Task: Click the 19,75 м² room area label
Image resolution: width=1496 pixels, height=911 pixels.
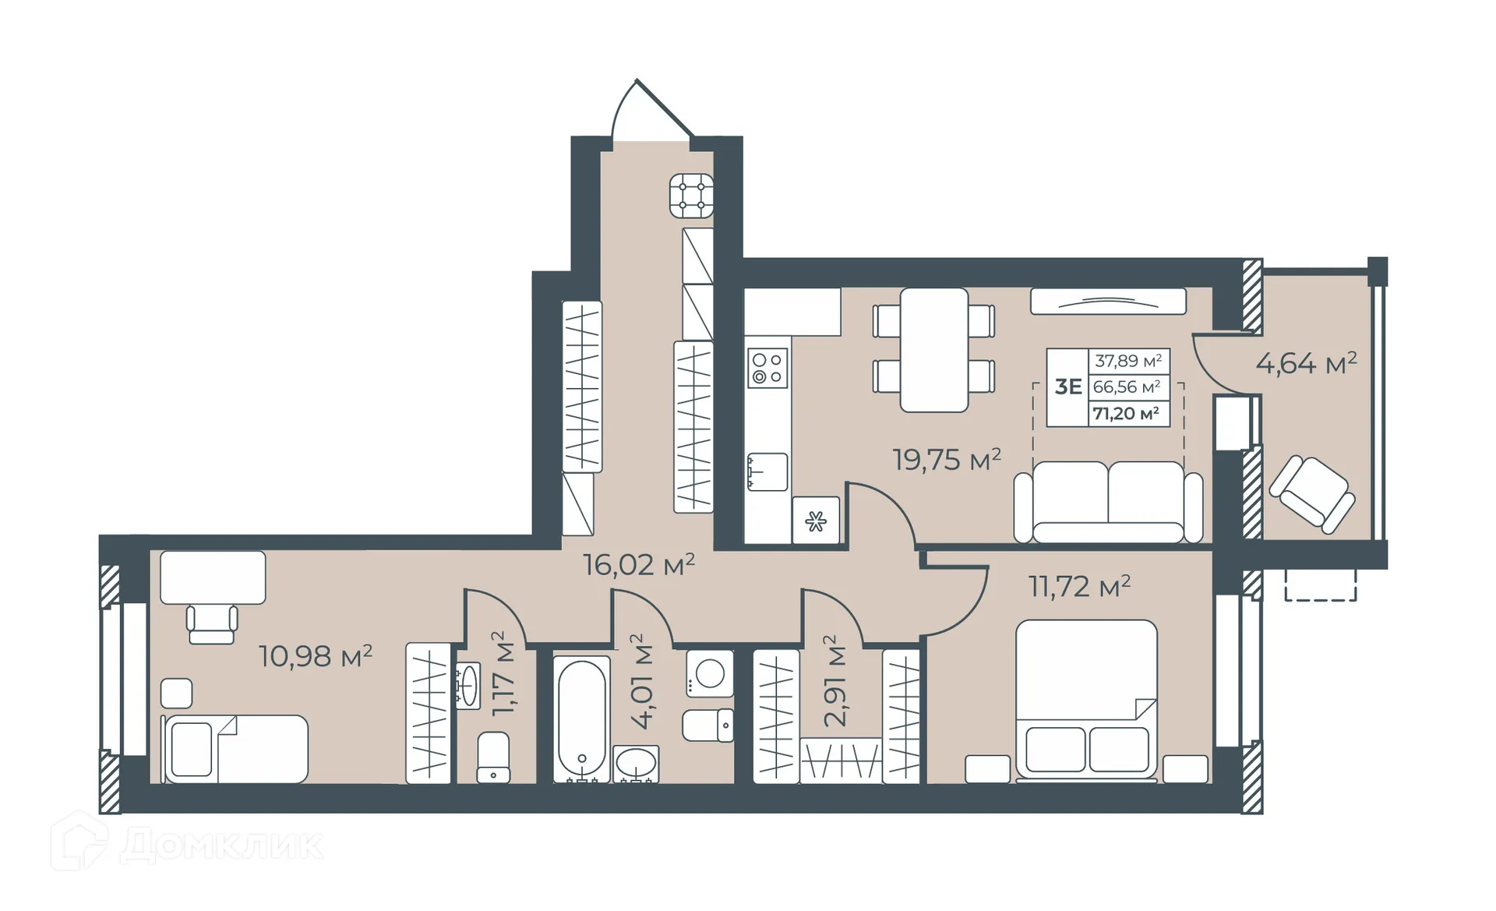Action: [946, 460]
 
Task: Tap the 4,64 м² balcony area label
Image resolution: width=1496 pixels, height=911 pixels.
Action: [1306, 363]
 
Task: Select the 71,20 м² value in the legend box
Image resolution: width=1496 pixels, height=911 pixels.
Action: [1126, 414]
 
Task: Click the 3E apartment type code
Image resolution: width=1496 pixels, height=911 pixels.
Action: [1067, 387]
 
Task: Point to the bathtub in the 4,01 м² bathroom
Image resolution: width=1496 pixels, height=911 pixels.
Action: [581, 718]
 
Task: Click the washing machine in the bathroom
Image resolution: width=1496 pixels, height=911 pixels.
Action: [709, 674]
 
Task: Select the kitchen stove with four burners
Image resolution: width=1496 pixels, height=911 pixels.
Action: [767, 368]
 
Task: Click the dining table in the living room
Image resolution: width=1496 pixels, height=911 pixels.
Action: [933, 350]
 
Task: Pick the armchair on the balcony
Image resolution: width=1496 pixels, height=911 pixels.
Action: [1312, 493]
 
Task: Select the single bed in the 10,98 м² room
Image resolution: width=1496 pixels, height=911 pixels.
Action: [235, 748]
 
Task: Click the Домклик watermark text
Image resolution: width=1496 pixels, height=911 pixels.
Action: [222, 845]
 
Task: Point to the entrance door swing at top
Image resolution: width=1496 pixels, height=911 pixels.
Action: [647, 113]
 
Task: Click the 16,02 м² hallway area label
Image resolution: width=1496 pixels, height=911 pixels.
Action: [639, 564]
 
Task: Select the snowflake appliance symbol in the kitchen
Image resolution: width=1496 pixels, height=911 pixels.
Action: [816, 521]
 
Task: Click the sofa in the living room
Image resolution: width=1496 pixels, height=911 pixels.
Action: [1108, 503]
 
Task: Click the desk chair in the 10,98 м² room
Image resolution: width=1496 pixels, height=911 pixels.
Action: [212, 624]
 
